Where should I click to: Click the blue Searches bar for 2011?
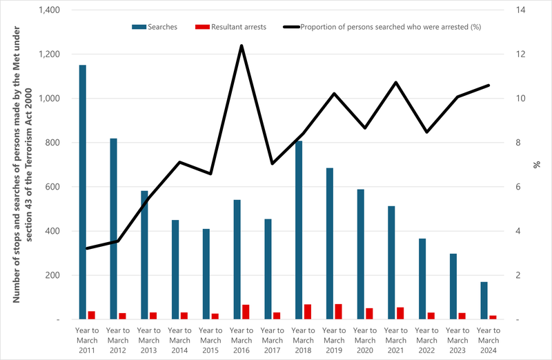[83, 192]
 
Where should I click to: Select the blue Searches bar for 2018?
[299, 230]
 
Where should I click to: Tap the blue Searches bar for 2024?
[484, 301]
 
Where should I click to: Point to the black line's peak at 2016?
[241, 46]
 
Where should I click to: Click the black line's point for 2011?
[87, 248]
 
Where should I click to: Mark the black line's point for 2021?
[395, 82]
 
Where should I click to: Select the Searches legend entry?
[155, 27]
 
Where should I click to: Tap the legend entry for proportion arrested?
[382, 27]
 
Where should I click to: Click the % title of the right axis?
[536, 165]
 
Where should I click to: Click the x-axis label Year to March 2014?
[179, 340]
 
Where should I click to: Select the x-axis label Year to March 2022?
[426, 340]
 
